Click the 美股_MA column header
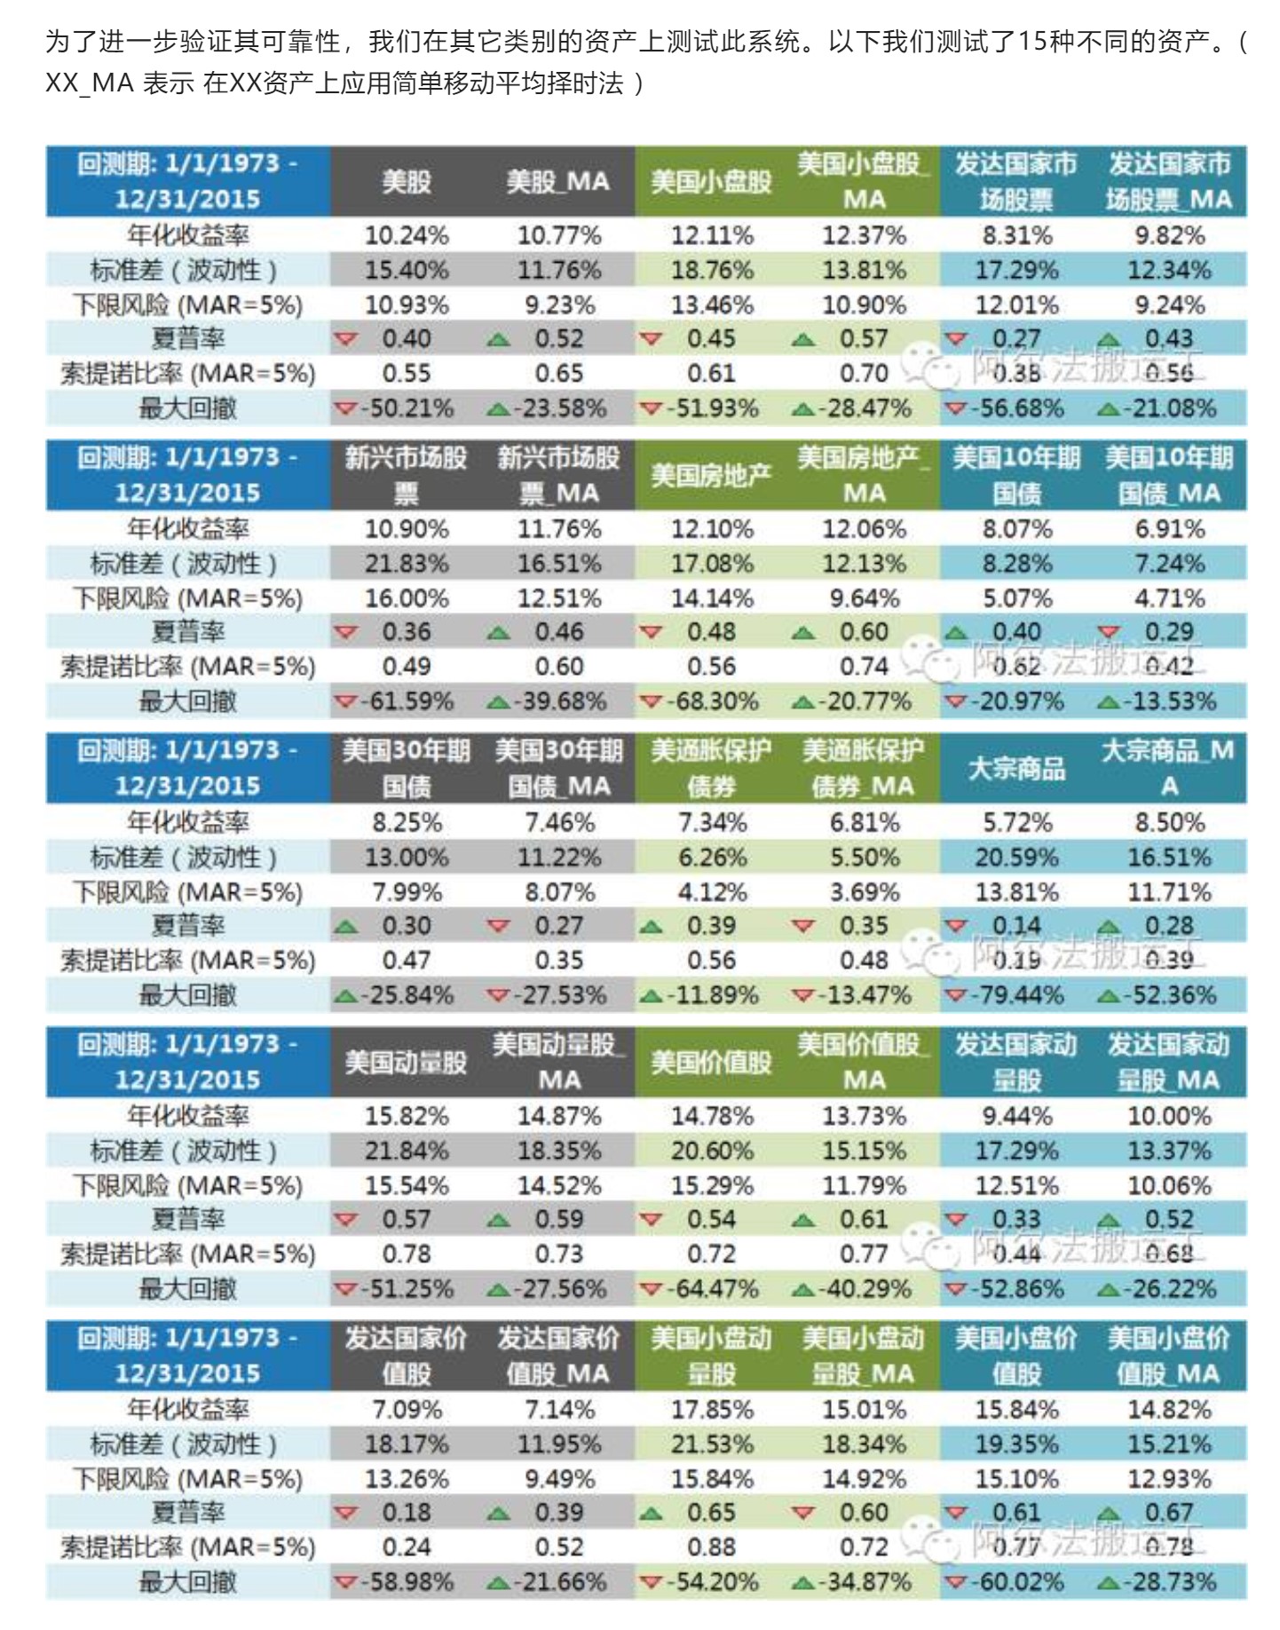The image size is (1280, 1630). coord(558,182)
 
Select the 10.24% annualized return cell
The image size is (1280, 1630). coord(407,235)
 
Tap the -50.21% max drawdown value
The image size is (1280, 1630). coord(407,408)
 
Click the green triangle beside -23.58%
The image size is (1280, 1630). coord(499,409)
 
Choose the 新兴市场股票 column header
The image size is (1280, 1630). coord(407,475)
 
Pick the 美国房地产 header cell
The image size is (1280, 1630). coord(711,475)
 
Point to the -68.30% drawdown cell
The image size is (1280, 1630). coord(711,701)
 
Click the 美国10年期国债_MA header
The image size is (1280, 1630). coord(1169,475)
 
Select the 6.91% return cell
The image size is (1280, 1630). coord(1169,529)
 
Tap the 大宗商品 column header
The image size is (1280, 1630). coord(1016,769)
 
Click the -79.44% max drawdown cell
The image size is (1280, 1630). coord(1016,995)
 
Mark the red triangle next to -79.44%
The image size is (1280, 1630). coord(955,996)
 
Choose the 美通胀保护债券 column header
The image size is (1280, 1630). coord(711,769)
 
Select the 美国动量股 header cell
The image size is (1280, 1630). coord(407,1063)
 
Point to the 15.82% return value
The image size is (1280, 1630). coord(407,1116)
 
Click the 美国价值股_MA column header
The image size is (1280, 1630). coord(864,1063)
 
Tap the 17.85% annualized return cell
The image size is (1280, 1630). coord(711,1410)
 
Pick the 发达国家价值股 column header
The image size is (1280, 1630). coord(407,1356)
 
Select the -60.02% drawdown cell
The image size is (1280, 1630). coord(1016,1582)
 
